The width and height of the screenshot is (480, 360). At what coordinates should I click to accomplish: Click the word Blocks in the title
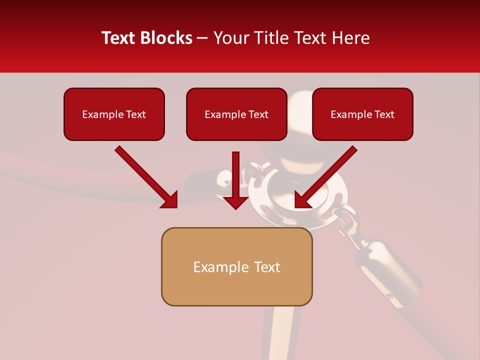(165, 38)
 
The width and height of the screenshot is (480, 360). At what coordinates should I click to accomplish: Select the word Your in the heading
(229, 38)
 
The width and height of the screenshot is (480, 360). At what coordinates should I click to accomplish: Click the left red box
(114, 114)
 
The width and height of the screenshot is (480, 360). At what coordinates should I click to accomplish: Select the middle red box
(236, 114)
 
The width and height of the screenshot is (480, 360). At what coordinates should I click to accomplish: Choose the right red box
(362, 114)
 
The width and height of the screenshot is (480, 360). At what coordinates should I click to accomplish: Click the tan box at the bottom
(236, 266)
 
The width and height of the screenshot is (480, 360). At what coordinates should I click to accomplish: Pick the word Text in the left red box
(135, 114)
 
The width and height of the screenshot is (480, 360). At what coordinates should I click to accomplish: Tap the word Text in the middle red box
(258, 114)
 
